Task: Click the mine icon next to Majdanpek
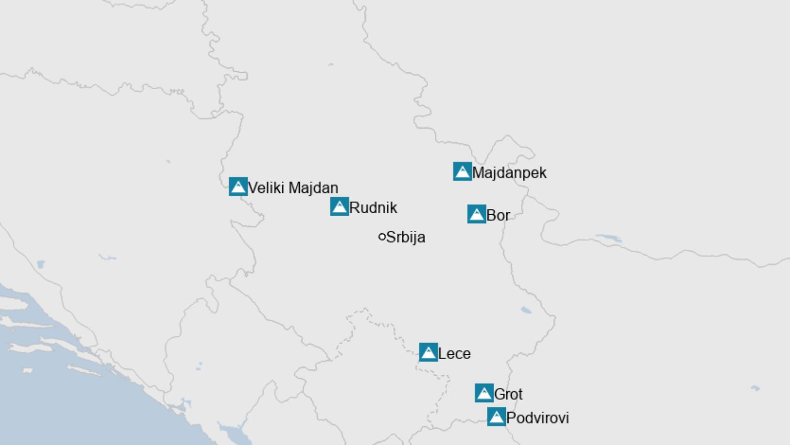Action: pyautogui.click(x=462, y=172)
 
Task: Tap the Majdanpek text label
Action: pyautogui.click(x=509, y=173)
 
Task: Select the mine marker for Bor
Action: pyautogui.click(x=476, y=214)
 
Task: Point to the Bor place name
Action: pyautogui.click(x=498, y=215)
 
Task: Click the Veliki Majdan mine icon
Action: pyautogui.click(x=238, y=187)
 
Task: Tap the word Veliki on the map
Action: pyautogui.click(x=266, y=188)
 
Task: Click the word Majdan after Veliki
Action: pyautogui.click(x=313, y=188)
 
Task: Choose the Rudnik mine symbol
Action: pyautogui.click(x=339, y=207)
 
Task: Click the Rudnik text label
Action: pyautogui.click(x=373, y=208)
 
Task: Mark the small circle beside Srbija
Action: pyautogui.click(x=382, y=237)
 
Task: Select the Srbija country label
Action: pyautogui.click(x=406, y=238)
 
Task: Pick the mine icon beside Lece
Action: pyautogui.click(x=428, y=352)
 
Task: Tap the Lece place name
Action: pyautogui.click(x=454, y=354)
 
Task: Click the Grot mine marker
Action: pyautogui.click(x=484, y=393)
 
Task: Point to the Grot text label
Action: pyautogui.click(x=508, y=394)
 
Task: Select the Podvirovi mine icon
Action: pyautogui.click(x=496, y=417)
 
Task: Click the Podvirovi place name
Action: pyautogui.click(x=537, y=418)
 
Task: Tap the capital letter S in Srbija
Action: pyautogui.click(x=391, y=238)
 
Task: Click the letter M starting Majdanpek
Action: pyautogui.click(x=478, y=173)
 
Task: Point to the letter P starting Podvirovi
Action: pyautogui.click(x=511, y=418)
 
